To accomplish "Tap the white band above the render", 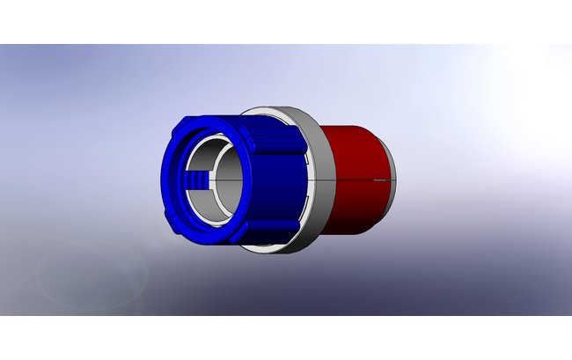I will (x=286, y=21).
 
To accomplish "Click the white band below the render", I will (x=286, y=338).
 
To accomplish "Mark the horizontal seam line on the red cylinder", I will (x=352, y=180).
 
